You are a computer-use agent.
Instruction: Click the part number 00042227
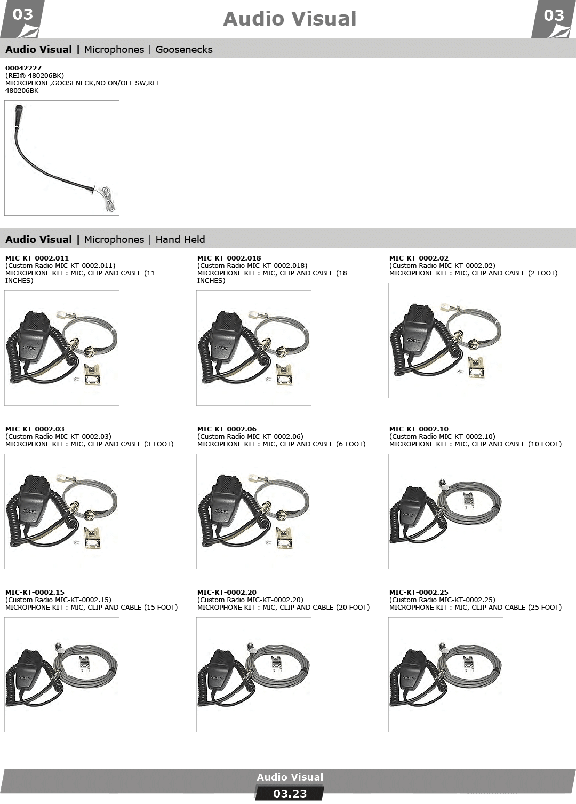23,68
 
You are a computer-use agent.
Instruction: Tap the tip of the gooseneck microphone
19,107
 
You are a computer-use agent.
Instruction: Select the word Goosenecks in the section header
184,50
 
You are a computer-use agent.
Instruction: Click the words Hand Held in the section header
180,239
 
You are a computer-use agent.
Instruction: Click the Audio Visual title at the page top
290,19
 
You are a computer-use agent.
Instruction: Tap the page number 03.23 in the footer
290,793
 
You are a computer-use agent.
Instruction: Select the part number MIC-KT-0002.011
37,258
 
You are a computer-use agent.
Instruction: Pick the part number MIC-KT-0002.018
229,258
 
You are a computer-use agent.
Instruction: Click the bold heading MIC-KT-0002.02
419,258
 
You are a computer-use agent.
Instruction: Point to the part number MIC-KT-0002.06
227,429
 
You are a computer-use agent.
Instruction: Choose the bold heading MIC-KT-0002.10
419,429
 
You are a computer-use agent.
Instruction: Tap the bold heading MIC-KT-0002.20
227,592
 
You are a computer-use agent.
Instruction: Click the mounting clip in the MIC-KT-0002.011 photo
92,375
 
